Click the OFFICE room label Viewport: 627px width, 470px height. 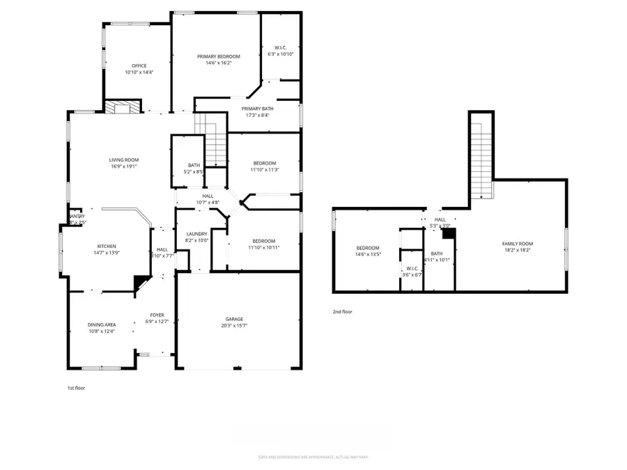(x=139, y=65)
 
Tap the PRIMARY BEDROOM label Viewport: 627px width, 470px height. (x=218, y=56)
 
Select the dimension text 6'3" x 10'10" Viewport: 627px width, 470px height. (x=281, y=54)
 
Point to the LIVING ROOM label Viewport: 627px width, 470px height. (x=123, y=159)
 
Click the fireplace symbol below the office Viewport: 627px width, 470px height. (x=121, y=107)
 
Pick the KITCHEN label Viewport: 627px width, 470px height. (x=107, y=246)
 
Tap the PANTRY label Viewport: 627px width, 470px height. (x=77, y=217)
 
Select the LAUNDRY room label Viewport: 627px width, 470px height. (x=196, y=233)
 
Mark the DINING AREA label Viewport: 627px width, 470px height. (x=102, y=324)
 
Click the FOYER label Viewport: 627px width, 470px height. (x=157, y=315)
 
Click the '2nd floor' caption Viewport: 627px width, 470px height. (x=342, y=312)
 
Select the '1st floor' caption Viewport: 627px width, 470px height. (x=76, y=387)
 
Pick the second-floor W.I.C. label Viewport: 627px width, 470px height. (x=412, y=268)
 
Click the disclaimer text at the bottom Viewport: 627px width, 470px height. (x=313, y=457)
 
